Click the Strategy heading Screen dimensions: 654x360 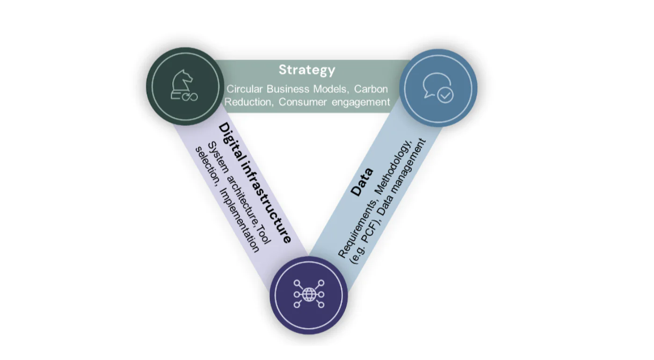tap(307, 70)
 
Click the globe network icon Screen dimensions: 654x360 tap(309, 294)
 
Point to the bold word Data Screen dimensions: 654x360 tap(362, 182)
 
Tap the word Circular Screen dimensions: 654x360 tap(245, 89)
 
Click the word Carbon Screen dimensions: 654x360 tap(371, 89)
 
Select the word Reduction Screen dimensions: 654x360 tap(247, 102)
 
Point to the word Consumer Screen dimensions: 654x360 tap(303, 102)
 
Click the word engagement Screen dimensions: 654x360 tap(361, 102)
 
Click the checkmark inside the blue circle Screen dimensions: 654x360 tap(445, 95)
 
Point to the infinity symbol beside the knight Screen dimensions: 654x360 tap(190, 97)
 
